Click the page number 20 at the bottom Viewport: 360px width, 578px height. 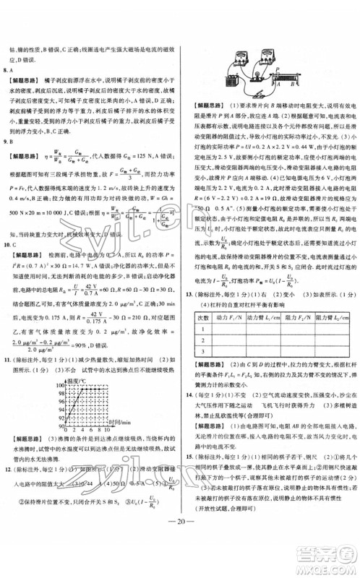(179, 556)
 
